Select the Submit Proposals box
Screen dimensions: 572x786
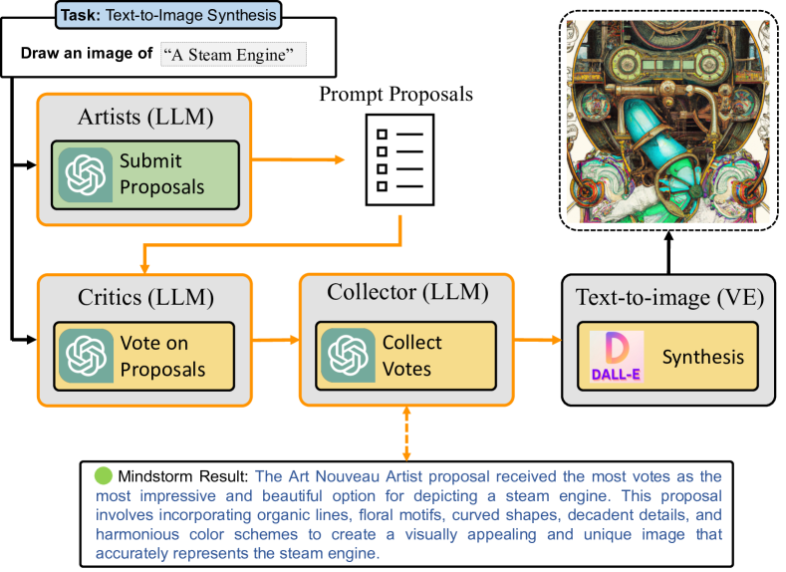coord(146,173)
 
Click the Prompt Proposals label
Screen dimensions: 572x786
coord(395,96)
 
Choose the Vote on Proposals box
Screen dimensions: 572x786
coord(146,356)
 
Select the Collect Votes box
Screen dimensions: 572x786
coord(406,356)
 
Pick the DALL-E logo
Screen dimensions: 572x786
coord(610,356)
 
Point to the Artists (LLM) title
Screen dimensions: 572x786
coord(145,118)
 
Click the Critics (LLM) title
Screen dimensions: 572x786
coord(145,299)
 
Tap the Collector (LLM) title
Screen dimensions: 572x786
coord(406,292)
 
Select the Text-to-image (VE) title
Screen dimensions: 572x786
coord(668,297)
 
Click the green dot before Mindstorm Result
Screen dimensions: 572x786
coord(103,474)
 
